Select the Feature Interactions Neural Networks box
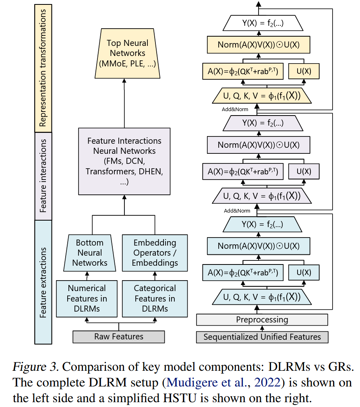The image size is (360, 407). tap(124, 161)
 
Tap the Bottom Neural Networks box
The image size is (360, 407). tap(89, 253)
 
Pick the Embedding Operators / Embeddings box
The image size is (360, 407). tap(155, 253)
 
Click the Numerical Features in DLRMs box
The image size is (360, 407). tap(87, 298)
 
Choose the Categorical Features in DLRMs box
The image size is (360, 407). tap(155, 298)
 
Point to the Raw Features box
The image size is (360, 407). tap(118, 337)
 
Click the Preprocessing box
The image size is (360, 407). tap(262, 320)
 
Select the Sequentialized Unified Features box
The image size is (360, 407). tap(262, 337)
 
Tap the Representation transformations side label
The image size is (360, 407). tap(43, 67)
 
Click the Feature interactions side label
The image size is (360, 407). tap(43, 176)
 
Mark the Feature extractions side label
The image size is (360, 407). tap(43, 282)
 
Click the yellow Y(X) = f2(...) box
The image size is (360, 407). tap(262, 23)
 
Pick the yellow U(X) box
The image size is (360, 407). tap(304, 72)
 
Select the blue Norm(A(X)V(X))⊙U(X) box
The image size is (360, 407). tap(258, 246)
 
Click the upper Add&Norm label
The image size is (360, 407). tap(235, 109)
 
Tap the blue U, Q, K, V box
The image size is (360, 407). tap(262, 297)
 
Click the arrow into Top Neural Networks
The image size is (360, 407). tap(124, 101)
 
